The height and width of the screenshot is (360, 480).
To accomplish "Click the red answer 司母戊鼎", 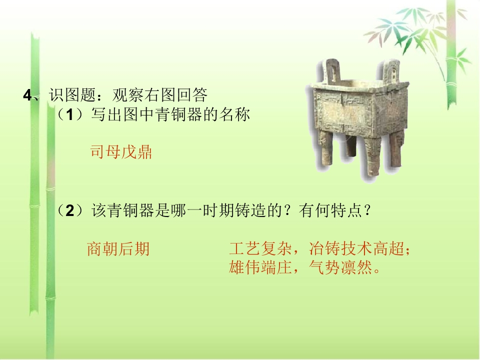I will [121, 152].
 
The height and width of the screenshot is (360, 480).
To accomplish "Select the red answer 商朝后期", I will [118, 248].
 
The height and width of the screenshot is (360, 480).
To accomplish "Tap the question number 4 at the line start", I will [27, 95].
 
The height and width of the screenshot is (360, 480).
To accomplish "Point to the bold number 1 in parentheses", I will [70, 115].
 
